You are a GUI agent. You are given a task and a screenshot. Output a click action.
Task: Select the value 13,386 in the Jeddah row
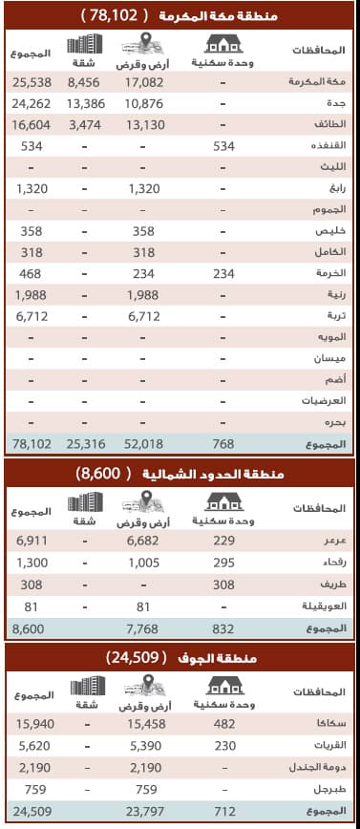pyautogui.click(x=86, y=103)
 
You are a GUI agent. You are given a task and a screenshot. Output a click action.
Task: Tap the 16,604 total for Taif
pyautogui.click(x=32, y=124)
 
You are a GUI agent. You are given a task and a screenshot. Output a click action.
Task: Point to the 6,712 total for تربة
pyautogui.click(x=32, y=316)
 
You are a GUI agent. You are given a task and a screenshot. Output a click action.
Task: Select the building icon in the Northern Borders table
pyautogui.click(x=86, y=501)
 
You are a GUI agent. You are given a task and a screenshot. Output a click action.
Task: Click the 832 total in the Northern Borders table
pyautogui.click(x=223, y=626)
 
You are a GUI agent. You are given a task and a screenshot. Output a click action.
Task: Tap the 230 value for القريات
pyautogui.click(x=223, y=745)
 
